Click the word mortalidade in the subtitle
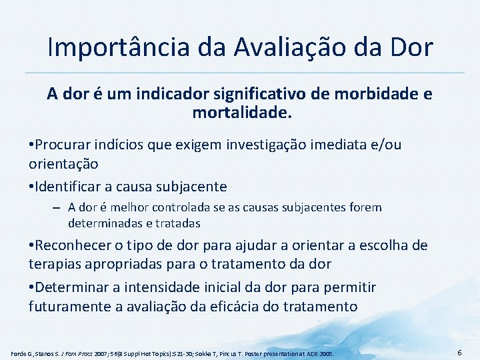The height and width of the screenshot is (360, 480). point(242,113)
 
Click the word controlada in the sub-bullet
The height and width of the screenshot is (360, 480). point(181,207)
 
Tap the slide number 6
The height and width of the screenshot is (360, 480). point(460,351)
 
